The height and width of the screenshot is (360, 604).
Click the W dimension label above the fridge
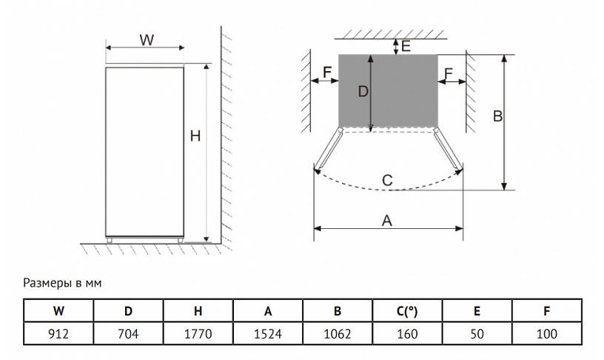pyautogui.click(x=147, y=40)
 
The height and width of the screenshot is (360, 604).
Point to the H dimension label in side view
pyautogui.click(x=195, y=136)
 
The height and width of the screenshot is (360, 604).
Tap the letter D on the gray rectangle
pyautogui.click(x=363, y=92)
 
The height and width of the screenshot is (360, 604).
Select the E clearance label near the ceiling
pyautogui.click(x=406, y=46)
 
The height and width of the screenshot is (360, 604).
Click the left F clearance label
pyautogui.click(x=328, y=73)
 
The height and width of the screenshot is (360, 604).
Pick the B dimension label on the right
pyautogui.click(x=497, y=116)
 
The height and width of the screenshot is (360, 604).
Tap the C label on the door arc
pyautogui.click(x=387, y=180)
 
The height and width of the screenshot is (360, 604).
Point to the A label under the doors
pyautogui.click(x=386, y=220)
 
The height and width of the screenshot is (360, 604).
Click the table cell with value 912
pyautogui.click(x=58, y=334)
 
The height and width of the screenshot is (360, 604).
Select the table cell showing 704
pyautogui.click(x=128, y=334)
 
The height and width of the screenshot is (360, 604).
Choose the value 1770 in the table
pyautogui.click(x=198, y=334)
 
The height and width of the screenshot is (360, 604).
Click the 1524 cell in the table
pyautogui.click(x=267, y=334)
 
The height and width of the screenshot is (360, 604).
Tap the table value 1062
pyautogui.click(x=337, y=334)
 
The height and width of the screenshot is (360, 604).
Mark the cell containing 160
pyautogui.click(x=407, y=334)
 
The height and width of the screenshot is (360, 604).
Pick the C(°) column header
pyautogui.click(x=407, y=311)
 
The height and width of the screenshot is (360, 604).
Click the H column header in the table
pyautogui.click(x=198, y=311)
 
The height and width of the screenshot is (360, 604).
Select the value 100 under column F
pyautogui.click(x=546, y=334)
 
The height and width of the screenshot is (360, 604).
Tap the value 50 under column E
pyautogui.click(x=477, y=334)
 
